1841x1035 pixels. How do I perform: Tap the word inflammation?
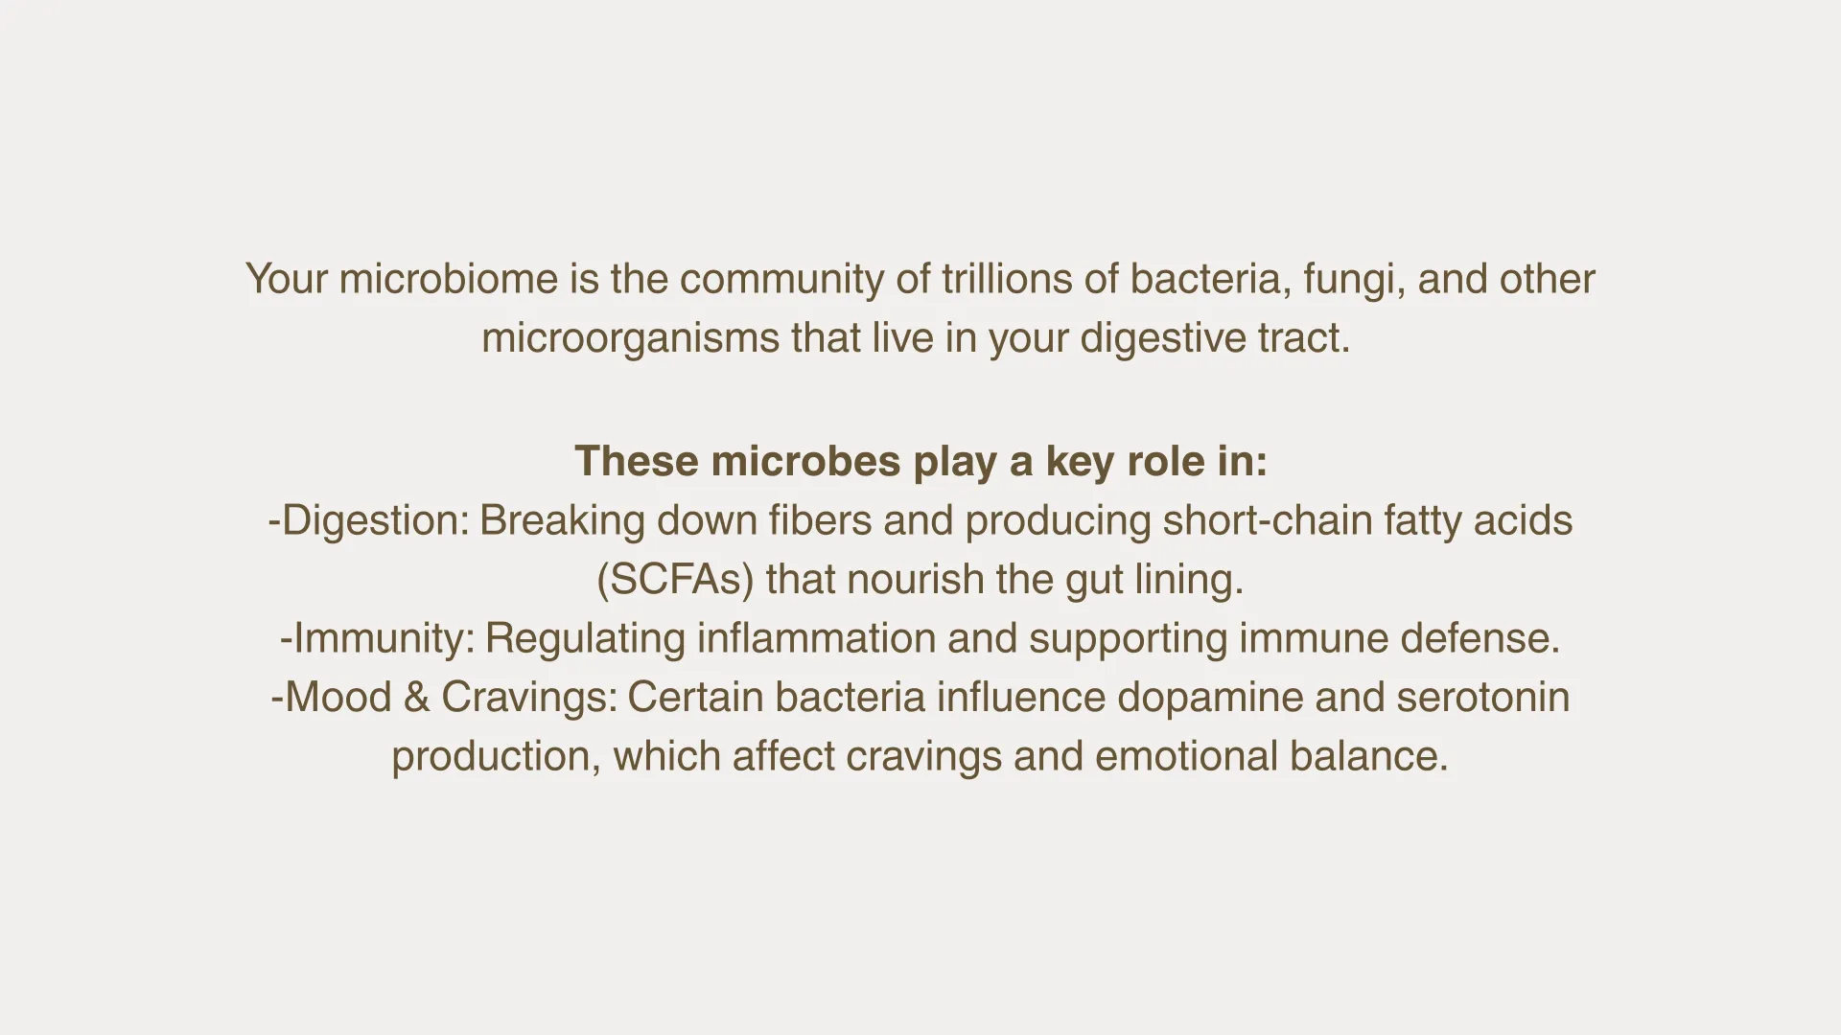816,639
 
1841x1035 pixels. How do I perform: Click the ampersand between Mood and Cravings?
416,698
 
